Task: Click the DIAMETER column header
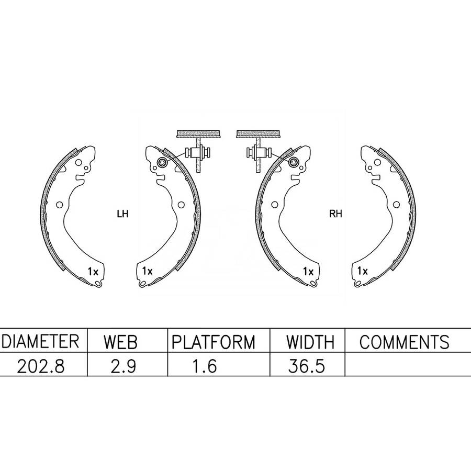(x=40, y=341)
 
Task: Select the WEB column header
(x=120, y=342)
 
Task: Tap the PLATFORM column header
(x=214, y=342)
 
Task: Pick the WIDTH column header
(x=310, y=342)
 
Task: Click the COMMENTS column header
(x=405, y=342)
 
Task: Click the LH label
(x=122, y=214)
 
